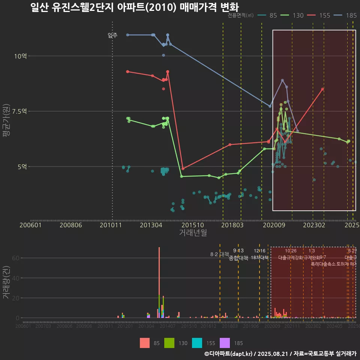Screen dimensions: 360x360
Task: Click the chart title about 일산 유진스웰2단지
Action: (134, 7)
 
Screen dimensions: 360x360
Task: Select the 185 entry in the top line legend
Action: (347, 15)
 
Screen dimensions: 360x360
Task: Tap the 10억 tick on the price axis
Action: (20, 56)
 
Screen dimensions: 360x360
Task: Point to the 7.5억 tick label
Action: (19, 111)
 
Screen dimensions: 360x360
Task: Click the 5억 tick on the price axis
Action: (21, 166)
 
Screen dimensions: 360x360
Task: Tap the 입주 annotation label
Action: (112, 36)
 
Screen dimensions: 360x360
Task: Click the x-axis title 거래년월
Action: (193, 233)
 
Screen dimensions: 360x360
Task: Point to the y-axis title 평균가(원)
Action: (7, 123)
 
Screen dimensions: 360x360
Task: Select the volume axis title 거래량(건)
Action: (6, 282)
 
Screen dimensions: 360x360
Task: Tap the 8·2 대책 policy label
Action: (219, 254)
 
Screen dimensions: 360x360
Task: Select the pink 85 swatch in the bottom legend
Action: (144, 343)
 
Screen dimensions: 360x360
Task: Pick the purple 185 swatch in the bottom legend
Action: (225, 343)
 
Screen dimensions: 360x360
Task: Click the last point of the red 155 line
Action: (322, 89)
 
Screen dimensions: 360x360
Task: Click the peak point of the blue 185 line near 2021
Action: (282, 80)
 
